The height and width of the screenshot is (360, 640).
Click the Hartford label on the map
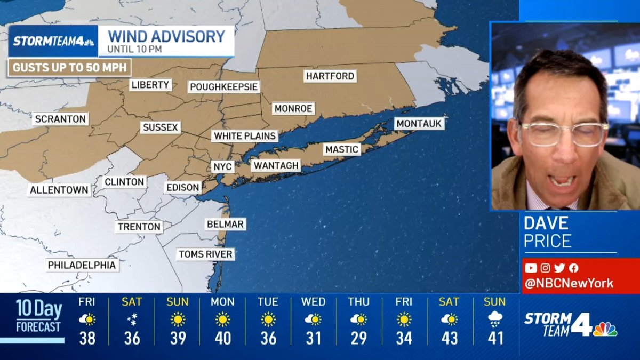click(330, 76)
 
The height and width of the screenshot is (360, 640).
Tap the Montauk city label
click(419, 124)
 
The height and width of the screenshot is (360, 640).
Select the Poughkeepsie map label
click(224, 87)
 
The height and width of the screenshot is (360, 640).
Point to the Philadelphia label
click(82, 265)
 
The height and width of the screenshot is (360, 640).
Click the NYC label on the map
click(222, 167)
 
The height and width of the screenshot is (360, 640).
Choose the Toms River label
click(205, 254)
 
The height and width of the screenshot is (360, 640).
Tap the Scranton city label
click(60, 119)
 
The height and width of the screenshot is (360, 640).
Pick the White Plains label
click(245, 136)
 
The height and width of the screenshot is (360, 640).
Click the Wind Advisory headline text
click(166, 36)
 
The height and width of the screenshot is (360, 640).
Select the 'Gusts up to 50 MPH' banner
click(69, 68)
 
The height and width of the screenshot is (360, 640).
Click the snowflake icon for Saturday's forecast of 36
click(132, 320)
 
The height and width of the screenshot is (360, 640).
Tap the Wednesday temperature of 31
click(314, 338)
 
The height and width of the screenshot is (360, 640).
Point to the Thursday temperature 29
click(358, 338)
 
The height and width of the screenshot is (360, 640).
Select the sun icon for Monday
click(222, 320)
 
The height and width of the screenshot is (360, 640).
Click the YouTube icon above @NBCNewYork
click(530, 268)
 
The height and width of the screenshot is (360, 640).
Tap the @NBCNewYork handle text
click(569, 284)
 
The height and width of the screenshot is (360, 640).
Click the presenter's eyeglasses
click(563, 134)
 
